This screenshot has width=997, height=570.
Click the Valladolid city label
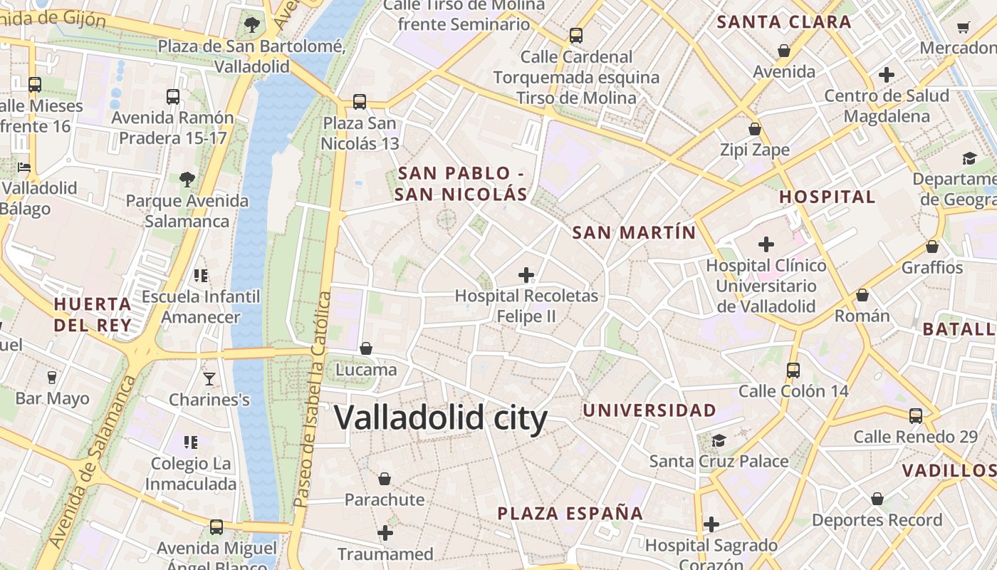[441, 418]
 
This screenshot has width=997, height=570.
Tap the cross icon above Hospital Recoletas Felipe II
[526, 275]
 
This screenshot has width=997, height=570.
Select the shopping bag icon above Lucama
[366, 348]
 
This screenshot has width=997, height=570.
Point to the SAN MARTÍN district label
[634, 232]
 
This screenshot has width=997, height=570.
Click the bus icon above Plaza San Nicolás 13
[360, 102]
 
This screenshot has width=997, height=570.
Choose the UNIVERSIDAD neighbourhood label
[649, 410]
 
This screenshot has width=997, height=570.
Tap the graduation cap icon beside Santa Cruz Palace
[719, 440]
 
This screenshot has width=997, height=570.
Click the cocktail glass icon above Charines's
[209, 378]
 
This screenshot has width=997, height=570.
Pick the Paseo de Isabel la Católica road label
[312, 399]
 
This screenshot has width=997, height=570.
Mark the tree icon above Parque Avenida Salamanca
[187, 179]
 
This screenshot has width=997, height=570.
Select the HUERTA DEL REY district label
[93, 315]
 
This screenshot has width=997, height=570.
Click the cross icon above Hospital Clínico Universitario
[766, 245]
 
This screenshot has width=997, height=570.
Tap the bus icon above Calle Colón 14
[793, 370]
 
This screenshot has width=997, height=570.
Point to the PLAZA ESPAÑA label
[570, 513]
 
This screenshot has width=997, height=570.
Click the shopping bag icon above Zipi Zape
[755, 130]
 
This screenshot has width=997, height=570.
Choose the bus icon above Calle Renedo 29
[916, 416]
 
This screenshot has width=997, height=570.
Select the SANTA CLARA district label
[783, 22]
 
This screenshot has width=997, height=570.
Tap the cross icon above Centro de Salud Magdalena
[887, 75]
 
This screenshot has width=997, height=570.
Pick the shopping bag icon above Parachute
[385, 479]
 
